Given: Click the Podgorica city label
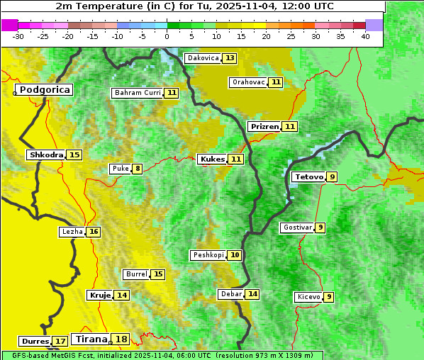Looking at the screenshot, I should point(44,90).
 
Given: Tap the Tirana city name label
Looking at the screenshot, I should point(90,339).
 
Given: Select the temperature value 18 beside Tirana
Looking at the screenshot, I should point(122,339).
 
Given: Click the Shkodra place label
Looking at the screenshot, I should point(46,154).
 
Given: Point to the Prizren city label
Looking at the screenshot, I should point(264,126).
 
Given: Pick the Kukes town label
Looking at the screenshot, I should point(212,159).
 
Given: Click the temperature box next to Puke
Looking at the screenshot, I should point(137,169).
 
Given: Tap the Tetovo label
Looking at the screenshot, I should point(308,176).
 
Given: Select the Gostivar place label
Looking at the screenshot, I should point(296,227).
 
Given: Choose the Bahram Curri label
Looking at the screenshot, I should point(138,93).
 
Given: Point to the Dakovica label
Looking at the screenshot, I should point(203,57).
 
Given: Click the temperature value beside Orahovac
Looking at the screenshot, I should point(276,82).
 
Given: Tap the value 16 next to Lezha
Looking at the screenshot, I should point(94,232).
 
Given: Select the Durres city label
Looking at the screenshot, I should point(35,341).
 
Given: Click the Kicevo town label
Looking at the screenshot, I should point(308,297).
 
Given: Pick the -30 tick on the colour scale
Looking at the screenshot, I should point(18,35).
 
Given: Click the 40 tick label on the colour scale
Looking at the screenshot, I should point(365,35).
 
